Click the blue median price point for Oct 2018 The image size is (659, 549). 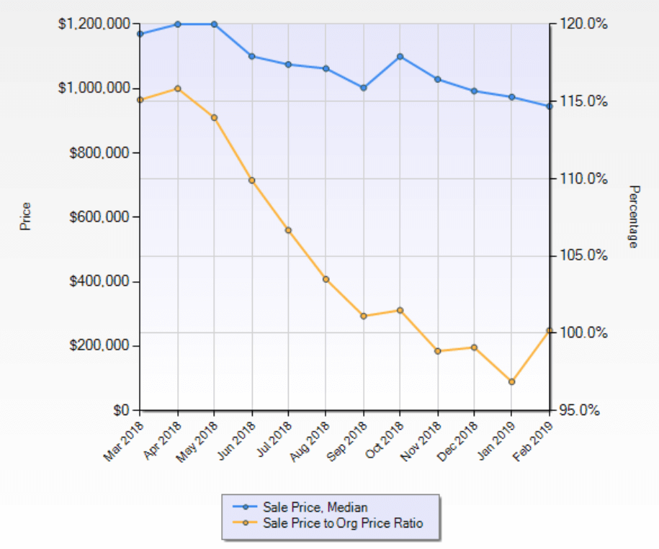400,56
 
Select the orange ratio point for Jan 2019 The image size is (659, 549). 512,381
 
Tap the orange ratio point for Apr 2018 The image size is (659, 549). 178,89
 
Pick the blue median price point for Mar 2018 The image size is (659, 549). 140,34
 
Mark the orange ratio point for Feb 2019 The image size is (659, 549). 549,330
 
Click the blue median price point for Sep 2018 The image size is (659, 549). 364,88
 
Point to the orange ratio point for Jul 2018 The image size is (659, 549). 289,230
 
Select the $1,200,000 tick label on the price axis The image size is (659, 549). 94,24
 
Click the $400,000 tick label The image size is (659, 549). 100,281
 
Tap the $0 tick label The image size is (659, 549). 122,410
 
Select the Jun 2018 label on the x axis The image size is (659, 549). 237,437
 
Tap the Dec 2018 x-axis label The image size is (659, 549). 458,437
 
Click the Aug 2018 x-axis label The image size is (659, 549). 310,437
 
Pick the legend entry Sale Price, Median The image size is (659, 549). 316,507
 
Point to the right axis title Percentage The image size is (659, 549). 633,217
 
